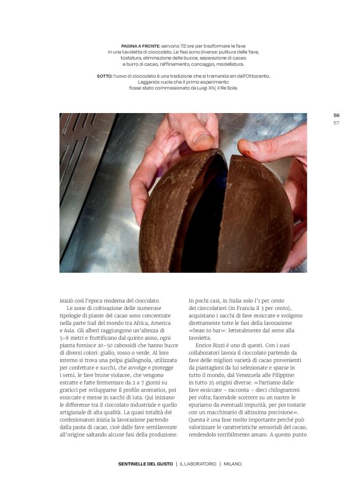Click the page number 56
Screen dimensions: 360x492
coord(336,115)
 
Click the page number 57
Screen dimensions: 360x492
coord(336,122)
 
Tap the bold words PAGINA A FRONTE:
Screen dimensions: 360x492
coord(140,45)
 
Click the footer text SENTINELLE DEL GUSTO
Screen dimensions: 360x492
coord(146,463)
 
